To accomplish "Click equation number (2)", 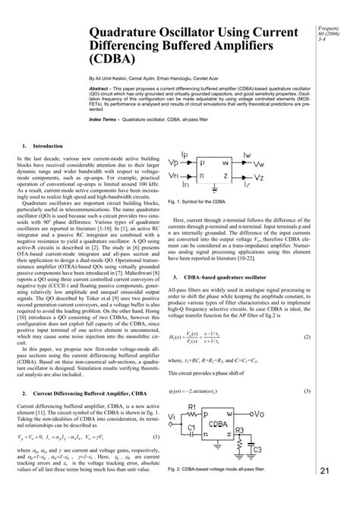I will (306, 315).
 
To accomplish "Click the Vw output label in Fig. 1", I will (258, 162).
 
